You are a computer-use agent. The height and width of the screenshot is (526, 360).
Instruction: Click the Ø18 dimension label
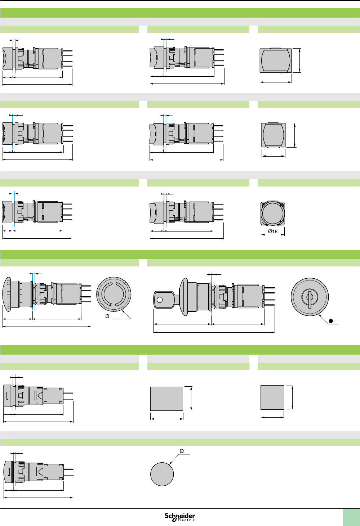pyautogui.click(x=272, y=231)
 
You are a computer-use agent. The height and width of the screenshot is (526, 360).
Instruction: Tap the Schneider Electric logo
pyautogui.click(x=180, y=517)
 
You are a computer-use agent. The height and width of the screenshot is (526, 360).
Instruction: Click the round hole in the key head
pyautogui.click(x=160, y=300)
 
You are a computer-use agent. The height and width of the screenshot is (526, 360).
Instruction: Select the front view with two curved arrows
pyautogui.click(x=114, y=294)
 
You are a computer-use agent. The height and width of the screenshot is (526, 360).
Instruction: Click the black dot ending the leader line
pyautogui.click(x=331, y=321)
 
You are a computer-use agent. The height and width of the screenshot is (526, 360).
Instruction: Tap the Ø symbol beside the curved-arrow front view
pyautogui.click(x=107, y=316)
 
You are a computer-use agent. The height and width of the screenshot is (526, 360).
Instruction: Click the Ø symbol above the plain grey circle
pyautogui.click(x=181, y=451)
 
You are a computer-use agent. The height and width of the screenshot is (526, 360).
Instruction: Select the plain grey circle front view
pyautogui.click(x=162, y=474)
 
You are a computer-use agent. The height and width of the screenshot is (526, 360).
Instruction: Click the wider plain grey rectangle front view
pyautogui.click(x=166, y=399)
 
